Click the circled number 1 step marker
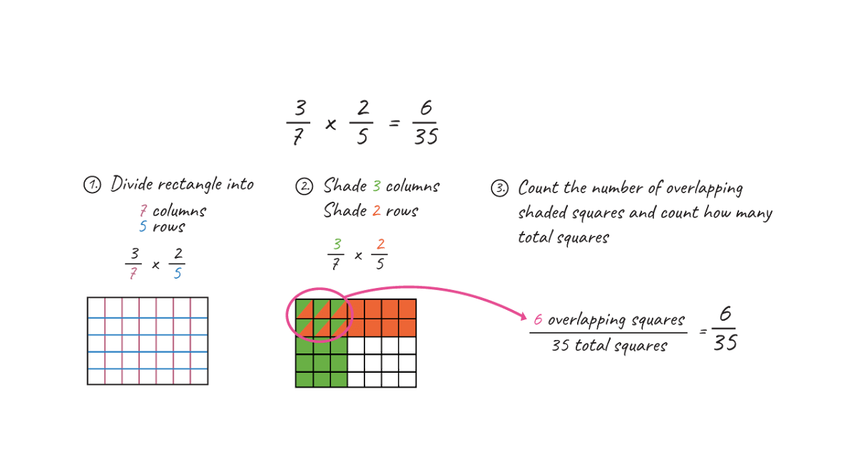[x=93, y=186]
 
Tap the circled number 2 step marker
[x=304, y=187]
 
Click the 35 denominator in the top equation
[x=425, y=137]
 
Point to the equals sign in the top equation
[x=393, y=123]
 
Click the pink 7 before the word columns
[x=143, y=211]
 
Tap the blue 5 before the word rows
[x=143, y=227]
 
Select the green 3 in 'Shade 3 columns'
[x=376, y=187]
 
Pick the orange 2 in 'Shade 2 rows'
[x=377, y=211]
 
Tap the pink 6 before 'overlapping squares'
[x=539, y=320]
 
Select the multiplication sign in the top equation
[x=331, y=123]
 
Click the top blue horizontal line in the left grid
[x=148, y=317]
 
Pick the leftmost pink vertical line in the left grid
[x=105, y=341]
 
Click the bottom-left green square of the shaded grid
[x=304, y=380]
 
